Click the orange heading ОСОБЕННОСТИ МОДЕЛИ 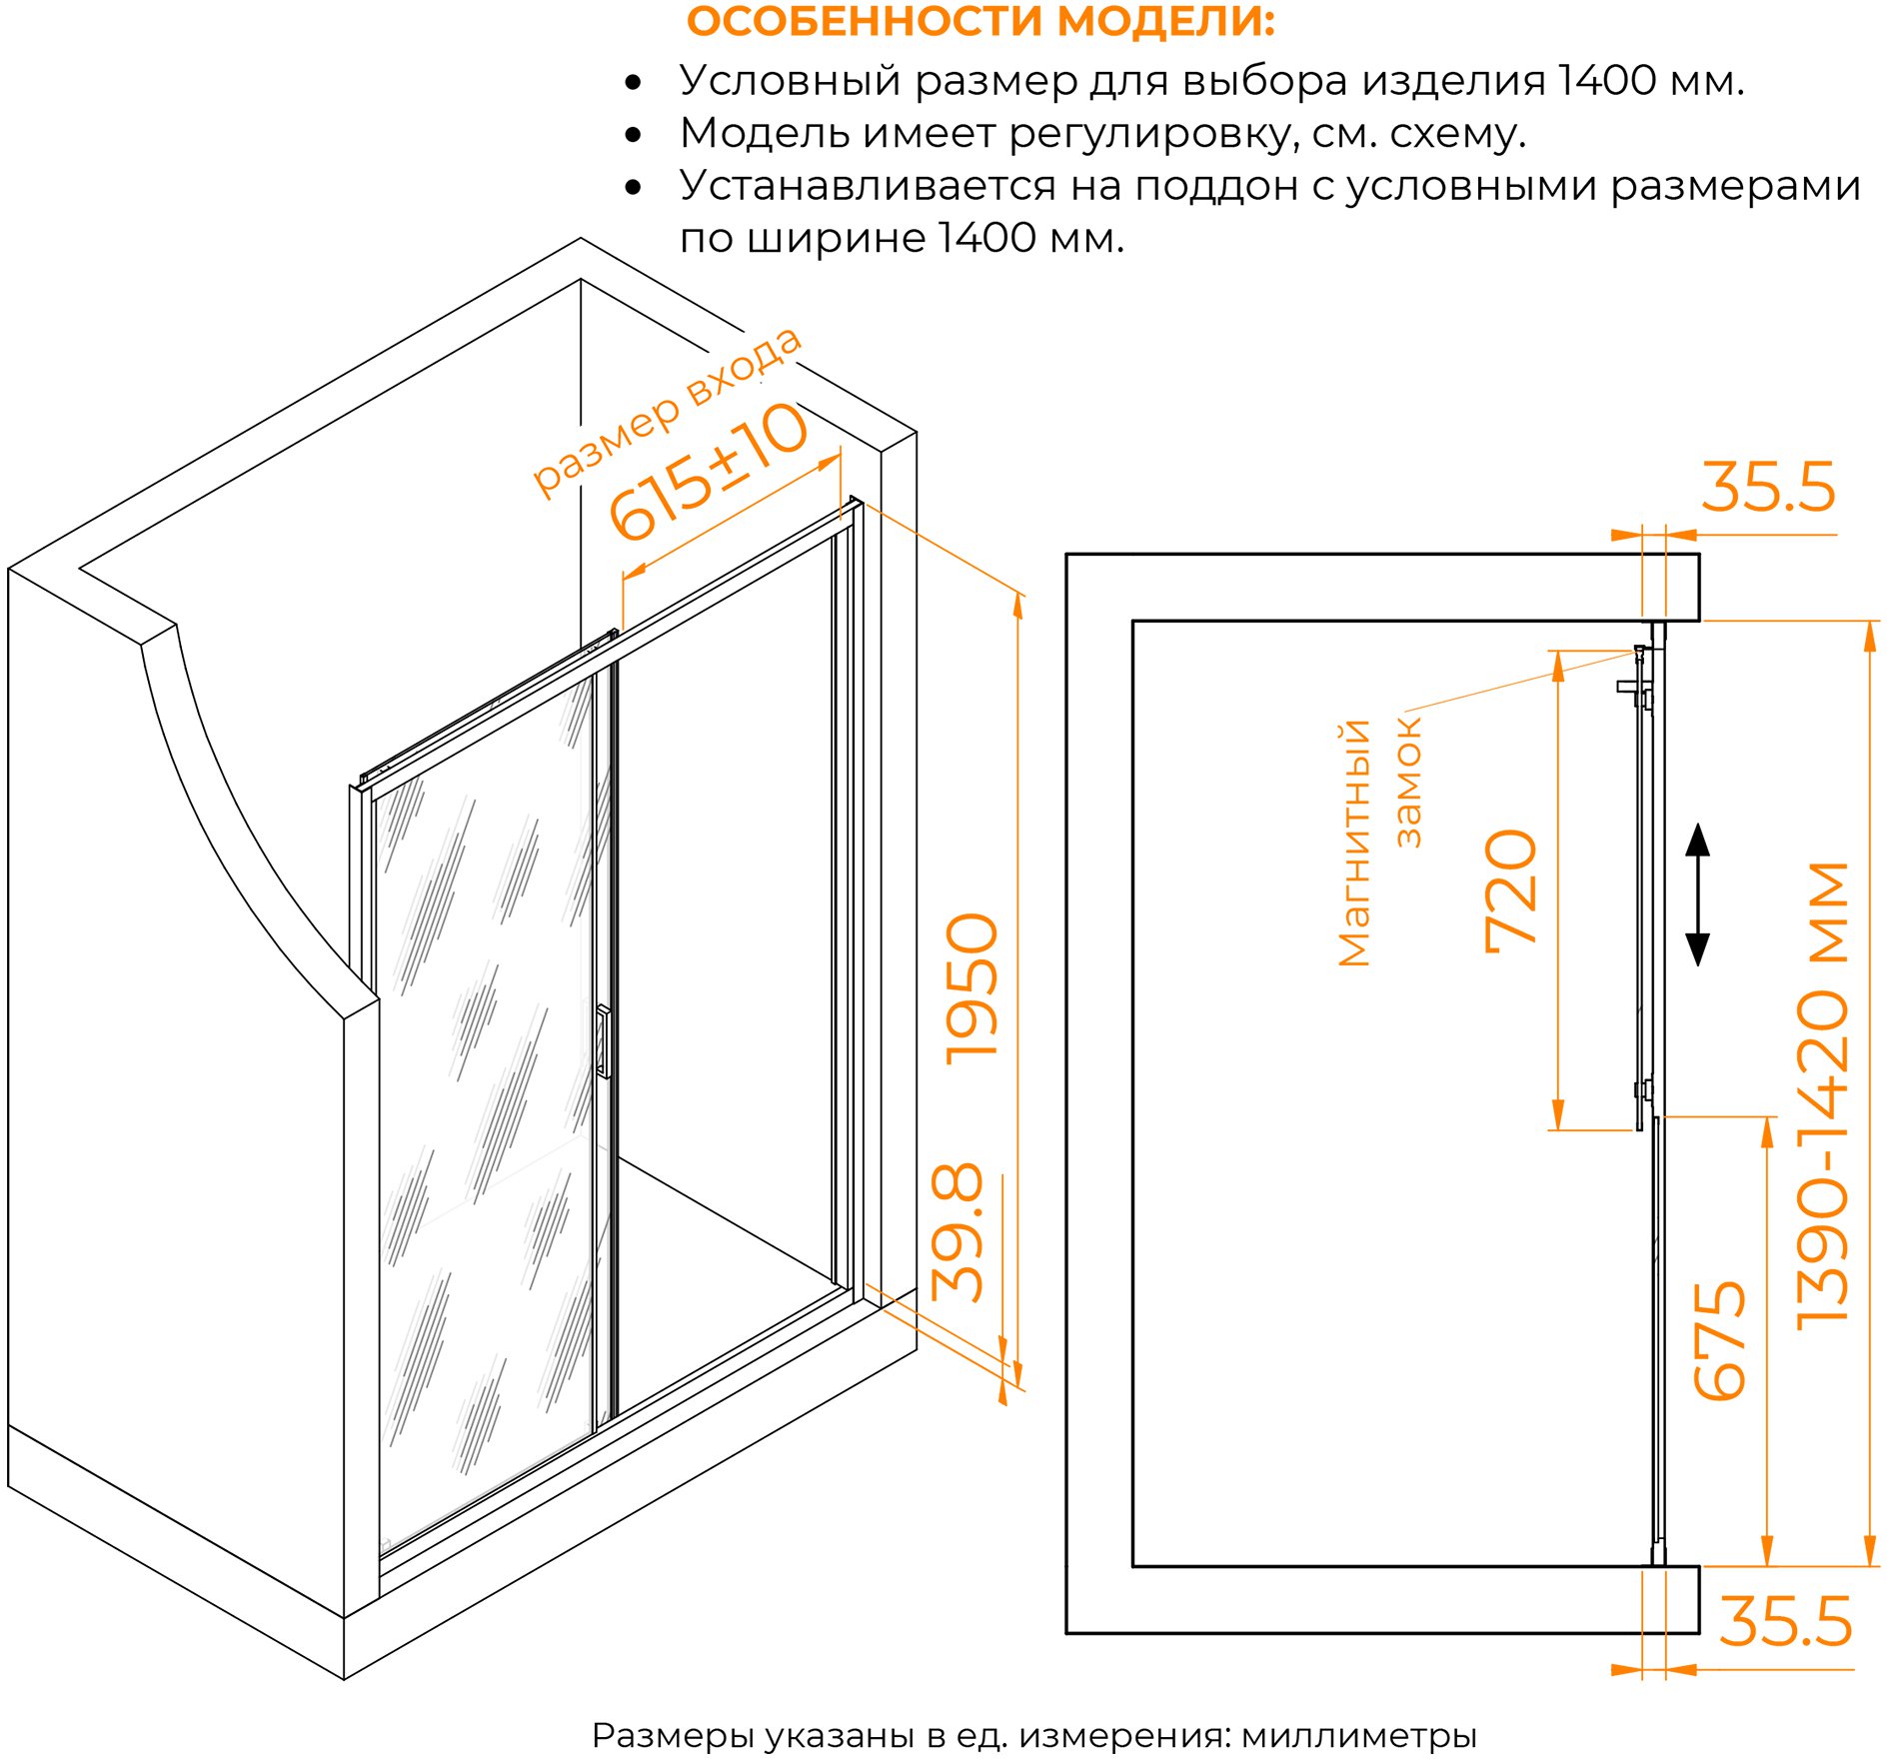[980, 22]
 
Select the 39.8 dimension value [957, 1232]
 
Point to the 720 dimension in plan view [1510, 890]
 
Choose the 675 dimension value [1719, 1338]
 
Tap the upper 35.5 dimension [1768, 487]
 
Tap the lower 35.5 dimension [1785, 1620]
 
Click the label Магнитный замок [1380, 842]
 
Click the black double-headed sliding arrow [1697, 893]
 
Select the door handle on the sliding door [603, 1041]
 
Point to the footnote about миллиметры [1034, 1735]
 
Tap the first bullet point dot [633, 82]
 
